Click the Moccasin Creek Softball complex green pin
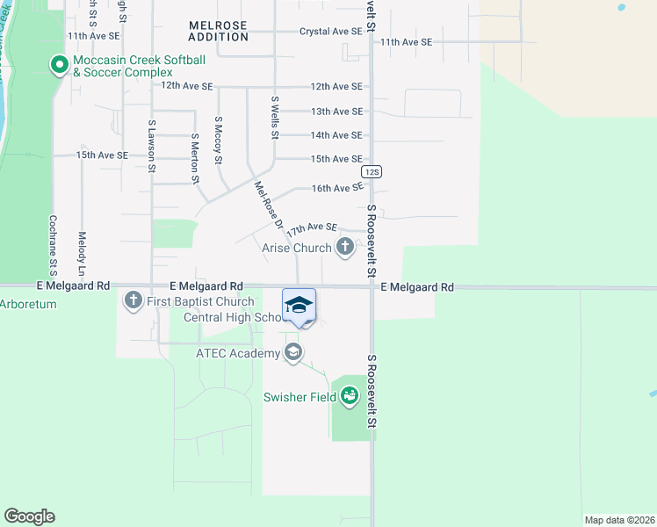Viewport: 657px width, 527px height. pyautogui.click(x=59, y=65)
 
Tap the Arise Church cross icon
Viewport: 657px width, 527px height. pyautogui.click(x=344, y=249)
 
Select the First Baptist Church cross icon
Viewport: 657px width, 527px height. pyautogui.click(x=134, y=301)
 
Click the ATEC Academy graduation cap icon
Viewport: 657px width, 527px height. pyautogui.click(x=293, y=353)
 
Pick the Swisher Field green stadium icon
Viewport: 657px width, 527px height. pyautogui.click(x=350, y=397)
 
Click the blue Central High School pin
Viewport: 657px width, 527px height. pyautogui.click(x=299, y=307)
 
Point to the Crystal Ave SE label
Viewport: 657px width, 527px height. pyautogui.click(x=331, y=31)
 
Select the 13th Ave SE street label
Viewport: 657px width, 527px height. pyautogui.click(x=336, y=112)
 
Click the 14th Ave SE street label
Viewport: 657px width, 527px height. pyautogui.click(x=336, y=135)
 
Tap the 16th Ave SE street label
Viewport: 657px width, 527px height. pyautogui.click(x=337, y=188)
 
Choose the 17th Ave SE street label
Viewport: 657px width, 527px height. pyautogui.click(x=313, y=227)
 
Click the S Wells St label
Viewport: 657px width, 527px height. pyautogui.click(x=275, y=119)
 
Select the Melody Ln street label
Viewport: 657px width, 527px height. pyautogui.click(x=81, y=250)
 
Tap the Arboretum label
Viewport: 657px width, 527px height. pyautogui.click(x=28, y=305)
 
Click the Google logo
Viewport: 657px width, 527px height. pyautogui.click(x=29, y=516)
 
